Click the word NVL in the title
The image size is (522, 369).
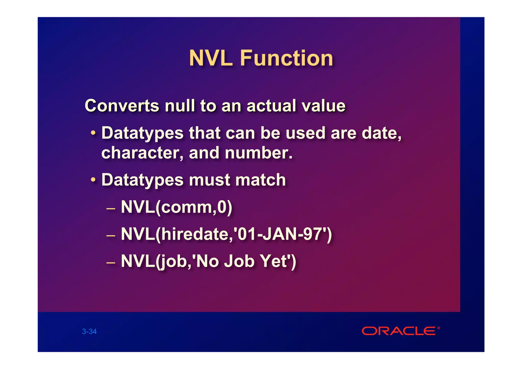click(x=211, y=58)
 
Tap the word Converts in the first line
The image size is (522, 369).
click(x=122, y=106)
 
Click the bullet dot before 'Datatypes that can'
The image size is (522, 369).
click(x=93, y=133)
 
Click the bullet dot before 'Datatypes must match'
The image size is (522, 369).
click(x=93, y=180)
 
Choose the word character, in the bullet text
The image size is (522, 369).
click(x=142, y=153)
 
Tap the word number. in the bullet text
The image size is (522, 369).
click(x=258, y=153)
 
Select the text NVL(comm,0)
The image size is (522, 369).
click(x=176, y=207)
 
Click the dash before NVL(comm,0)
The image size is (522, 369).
click(x=111, y=209)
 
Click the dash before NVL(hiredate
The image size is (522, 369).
click(x=111, y=236)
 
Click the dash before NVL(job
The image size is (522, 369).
click(x=111, y=263)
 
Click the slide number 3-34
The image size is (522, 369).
click(x=89, y=331)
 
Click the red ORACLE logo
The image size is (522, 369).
click(x=399, y=331)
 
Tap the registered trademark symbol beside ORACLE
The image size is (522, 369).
click(x=438, y=328)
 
